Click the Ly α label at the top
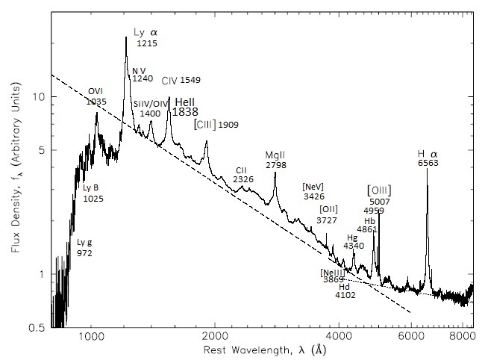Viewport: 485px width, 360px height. tap(145, 33)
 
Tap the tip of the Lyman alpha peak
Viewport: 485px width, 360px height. tap(126, 37)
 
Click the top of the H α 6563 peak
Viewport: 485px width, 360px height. tap(427, 169)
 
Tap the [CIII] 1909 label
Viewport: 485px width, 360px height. tap(216, 124)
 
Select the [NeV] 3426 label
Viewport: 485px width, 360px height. tap(313, 190)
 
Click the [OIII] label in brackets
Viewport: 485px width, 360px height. tap(379, 190)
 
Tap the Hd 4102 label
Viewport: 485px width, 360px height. tap(345, 291)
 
